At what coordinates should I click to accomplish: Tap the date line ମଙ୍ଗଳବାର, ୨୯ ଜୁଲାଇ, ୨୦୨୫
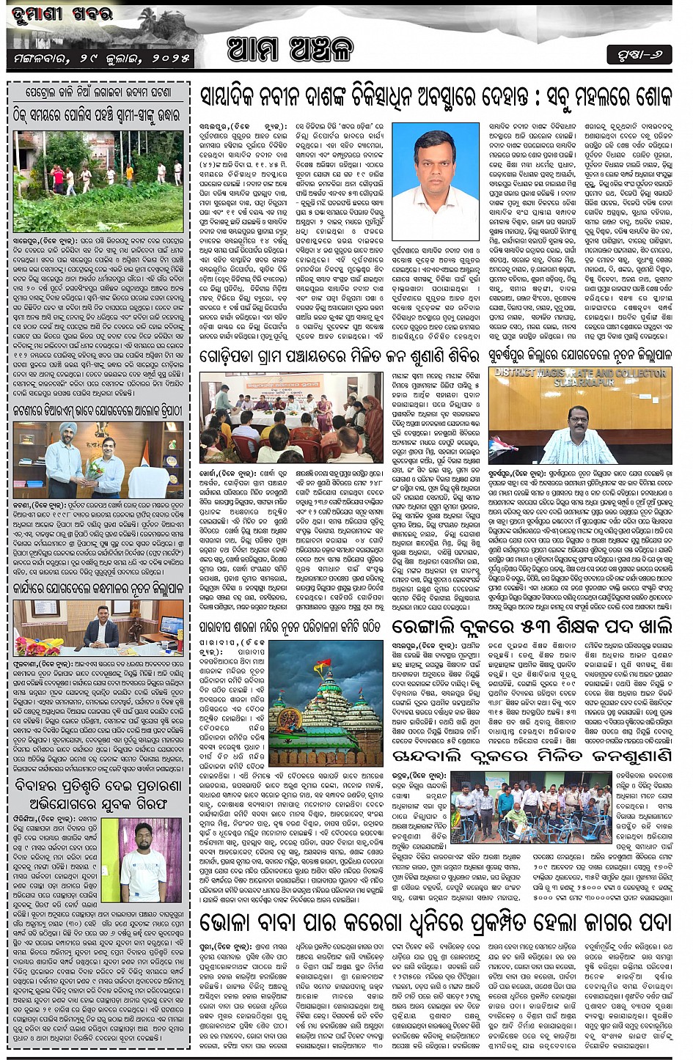101,56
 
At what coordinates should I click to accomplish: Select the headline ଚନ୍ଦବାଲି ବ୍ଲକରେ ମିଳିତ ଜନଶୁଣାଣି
532,756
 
